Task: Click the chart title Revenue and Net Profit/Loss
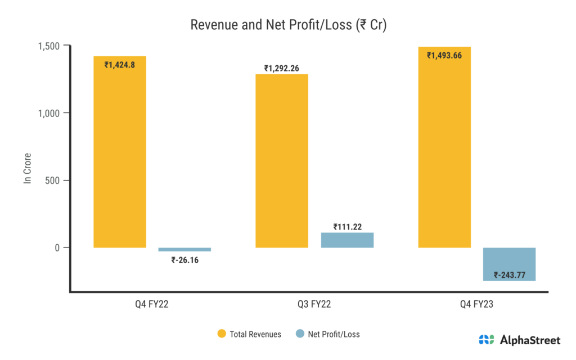pos(288,25)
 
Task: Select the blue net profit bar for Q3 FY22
pos(347,240)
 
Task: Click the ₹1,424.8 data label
pos(120,65)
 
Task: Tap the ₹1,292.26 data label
pos(282,69)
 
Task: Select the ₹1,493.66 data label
pos(444,55)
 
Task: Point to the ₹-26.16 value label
pos(185,260)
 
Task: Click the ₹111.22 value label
pos(348,227)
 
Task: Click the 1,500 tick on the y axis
pos(51,46)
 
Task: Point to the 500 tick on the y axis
pos(55,181)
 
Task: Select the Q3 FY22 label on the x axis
pos(314,304)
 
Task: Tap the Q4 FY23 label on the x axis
pos(477,304)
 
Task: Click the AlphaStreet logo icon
pos(487,340)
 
